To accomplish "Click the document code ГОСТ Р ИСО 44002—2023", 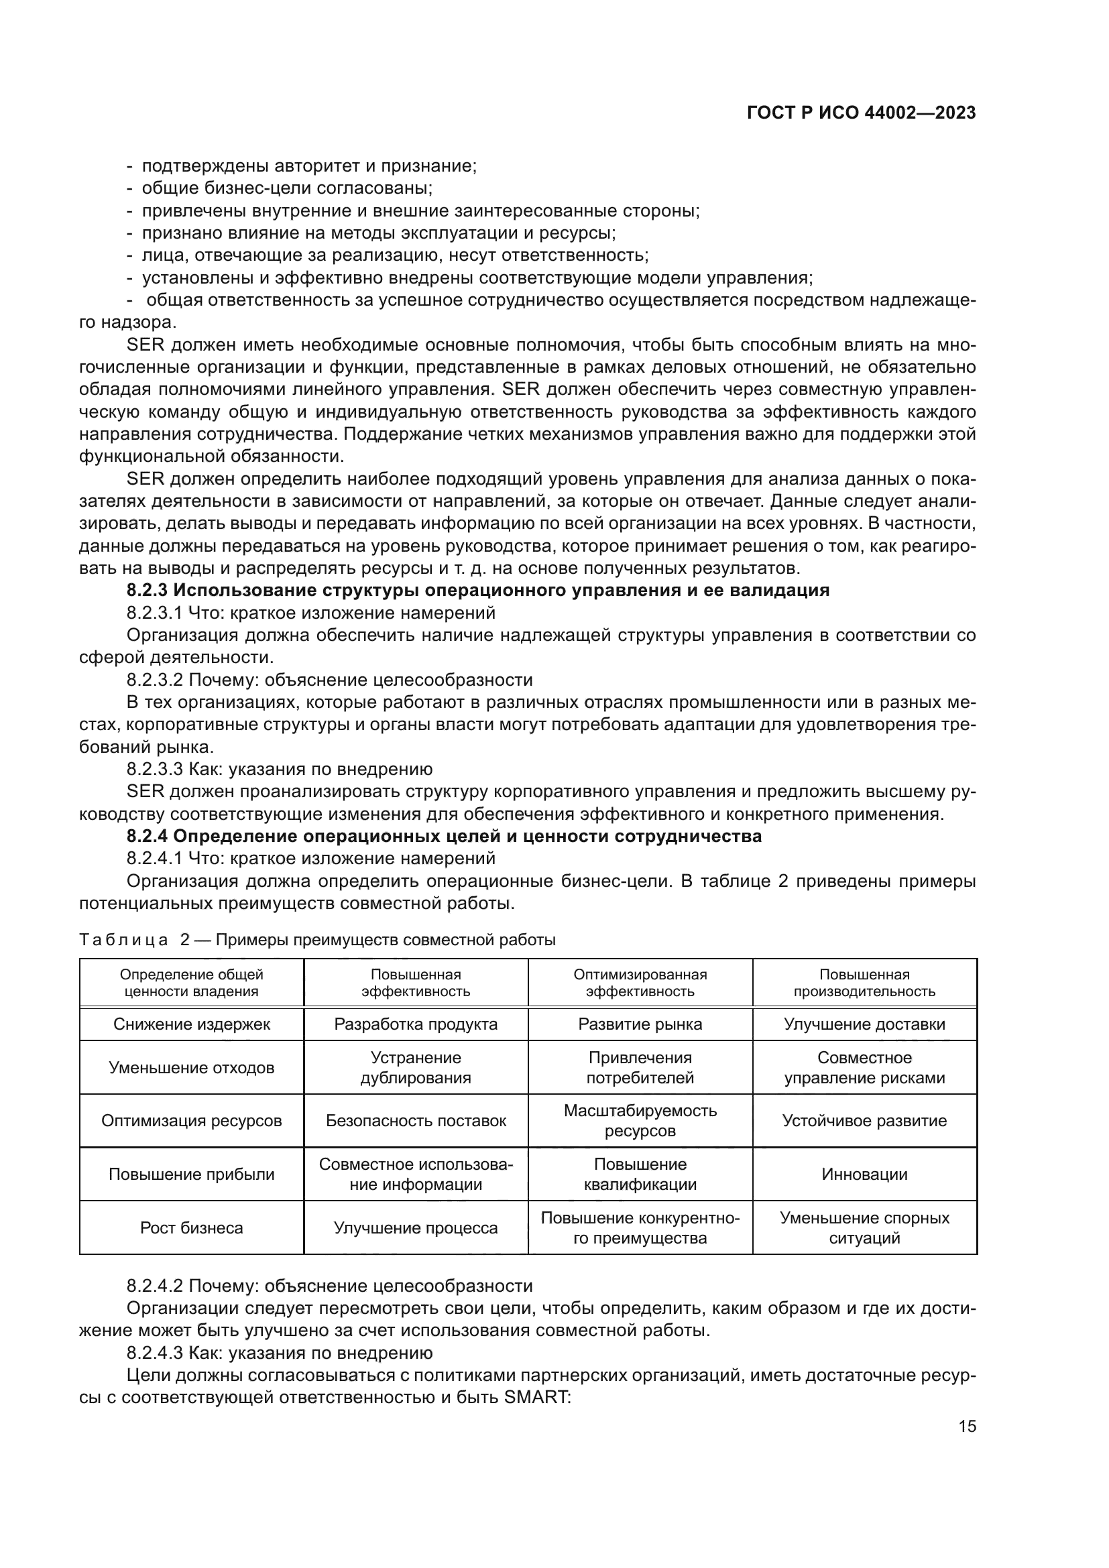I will pyautogui.click(x=861, y=113).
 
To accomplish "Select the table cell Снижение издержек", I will pyautogui.click(x=191, y=1024).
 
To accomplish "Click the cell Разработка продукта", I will pyautogui.click(x=415, y=1024).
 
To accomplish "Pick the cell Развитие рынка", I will pyautogui.click(x=640, y=1024).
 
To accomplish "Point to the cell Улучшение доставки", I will pyautogui.click(x=864, y=1024).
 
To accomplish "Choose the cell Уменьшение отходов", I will pyautogui.click(x=191, y=1067).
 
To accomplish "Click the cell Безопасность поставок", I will pyautogui.click(x=415, y=1121).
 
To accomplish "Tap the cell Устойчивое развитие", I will pyautogui.click(x=864, y=1121).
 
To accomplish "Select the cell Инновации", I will pyautogui.click(x=864, y=1174).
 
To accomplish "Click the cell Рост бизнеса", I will pyautogui.click(x=191, y=1228).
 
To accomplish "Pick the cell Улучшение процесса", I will pyautogui.click(x=415, y=1228).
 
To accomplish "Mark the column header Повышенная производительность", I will pyautogui.click(x=864, y=983).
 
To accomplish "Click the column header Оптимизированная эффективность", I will pyautogui.click(x=640, y=983).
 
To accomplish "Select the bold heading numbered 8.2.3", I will pyautogui.click(x=478, y=590).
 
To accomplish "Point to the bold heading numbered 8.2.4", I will pyautogui.click(x=444, y=836).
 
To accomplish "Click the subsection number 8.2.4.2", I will pyautogui.click(x=154, y=1286).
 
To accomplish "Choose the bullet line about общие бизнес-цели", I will pyautogui.click(x=287, y=188).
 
